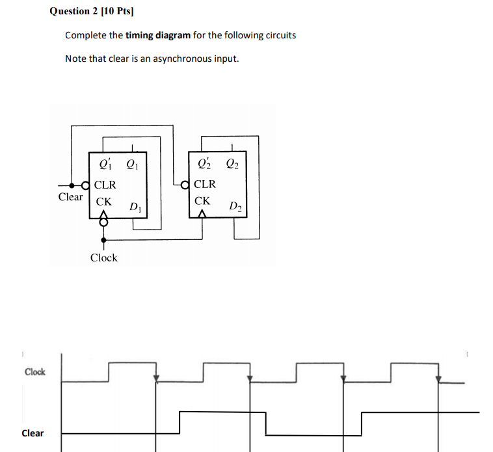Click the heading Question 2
(x=74, y=11)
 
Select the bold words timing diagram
(x=158, y=35)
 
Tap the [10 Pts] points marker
(x=117, y=11)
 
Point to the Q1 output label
(x=132, y=164)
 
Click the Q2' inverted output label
(x=204, y=163)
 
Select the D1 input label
(x=135, y=207)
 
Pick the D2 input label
(x=235, y=206)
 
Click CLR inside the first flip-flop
(x=105, y=185)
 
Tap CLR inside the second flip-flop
(x=205, y=184)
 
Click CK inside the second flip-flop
(x=202, y=201)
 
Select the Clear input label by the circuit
(x=70, y=197)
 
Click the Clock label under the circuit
(x=104, y=258)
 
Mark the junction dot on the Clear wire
(x=72, y=185)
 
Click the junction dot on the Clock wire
(x=104, y=240)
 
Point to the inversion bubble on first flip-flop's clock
(x=103, y=222)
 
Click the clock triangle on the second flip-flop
(x=202, y=214)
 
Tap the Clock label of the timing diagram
(x=35, y=372)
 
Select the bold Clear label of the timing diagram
(x=33, y=433)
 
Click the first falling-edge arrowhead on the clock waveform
(x=156, y=378)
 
